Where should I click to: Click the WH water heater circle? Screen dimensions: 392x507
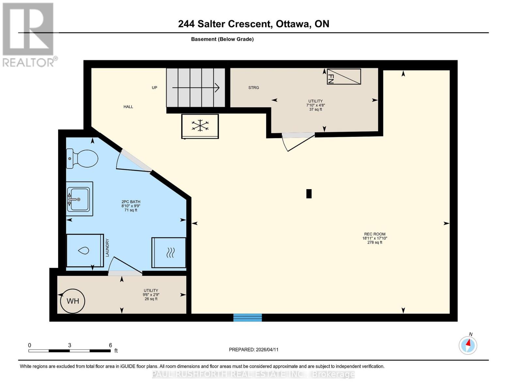pyautogui.click(x=72, y=301)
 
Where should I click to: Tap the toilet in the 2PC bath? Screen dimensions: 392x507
pyautogui.click(x=82, y=159)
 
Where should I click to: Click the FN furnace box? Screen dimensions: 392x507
pyautogui.click(x=344, y=77)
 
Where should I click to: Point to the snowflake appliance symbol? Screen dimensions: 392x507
pyautogui.click(x=200, y=126)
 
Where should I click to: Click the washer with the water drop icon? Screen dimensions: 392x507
pyautogui.click(x=85, y=251)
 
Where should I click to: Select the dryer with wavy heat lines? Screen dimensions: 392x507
pyautogui.click(x=169, y=253)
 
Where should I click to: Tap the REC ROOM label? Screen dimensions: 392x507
pyautogui.click(x=374, y=234)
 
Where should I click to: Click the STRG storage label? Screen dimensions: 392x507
pyautogui.click(x=253, y=88)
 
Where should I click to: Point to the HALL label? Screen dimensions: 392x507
pyautogui.click(x=128, y=107)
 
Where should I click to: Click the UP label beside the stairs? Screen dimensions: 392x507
pyautogui.click(x=154, y=88)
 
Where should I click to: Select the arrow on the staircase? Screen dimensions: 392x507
pyautogui.click(x=196, y=88)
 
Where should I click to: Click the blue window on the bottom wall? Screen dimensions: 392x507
pyautogui.click(x=247, y=318)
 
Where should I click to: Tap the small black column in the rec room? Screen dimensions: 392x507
pyautogui.click(x=309, y=194)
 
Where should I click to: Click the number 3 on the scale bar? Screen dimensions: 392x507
pyautogui.click(x=70, y=345)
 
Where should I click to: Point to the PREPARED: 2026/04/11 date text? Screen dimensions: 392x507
pyautogui.click(x=253, y=350)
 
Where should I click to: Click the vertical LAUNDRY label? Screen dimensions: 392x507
pyautogui.click(x=107, y=248)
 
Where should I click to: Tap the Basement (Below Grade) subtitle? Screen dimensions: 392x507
pyautogui.click(x=222, y=39)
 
